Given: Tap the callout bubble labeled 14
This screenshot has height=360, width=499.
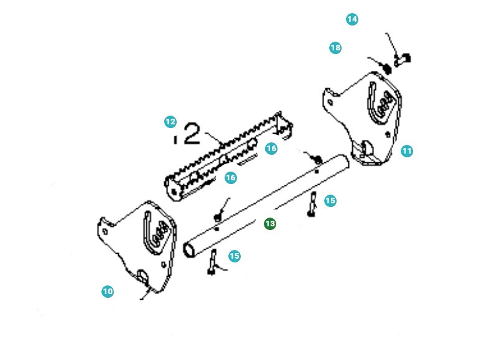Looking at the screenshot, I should pos(352,19).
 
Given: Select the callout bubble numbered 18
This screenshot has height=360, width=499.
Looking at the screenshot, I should pos(335,48).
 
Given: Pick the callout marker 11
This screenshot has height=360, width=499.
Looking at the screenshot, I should pos(407,150).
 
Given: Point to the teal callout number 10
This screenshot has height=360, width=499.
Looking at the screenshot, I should pos(108,291).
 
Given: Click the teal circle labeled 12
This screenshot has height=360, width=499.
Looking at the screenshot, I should pos(170,122).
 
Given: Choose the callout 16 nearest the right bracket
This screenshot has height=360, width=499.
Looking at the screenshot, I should pos(271,149).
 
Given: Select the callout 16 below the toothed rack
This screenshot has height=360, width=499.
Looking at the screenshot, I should pos(230,178).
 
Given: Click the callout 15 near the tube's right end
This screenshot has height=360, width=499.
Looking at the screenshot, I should pos(330,200).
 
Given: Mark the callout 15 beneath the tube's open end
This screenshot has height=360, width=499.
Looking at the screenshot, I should pos(234,256).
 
